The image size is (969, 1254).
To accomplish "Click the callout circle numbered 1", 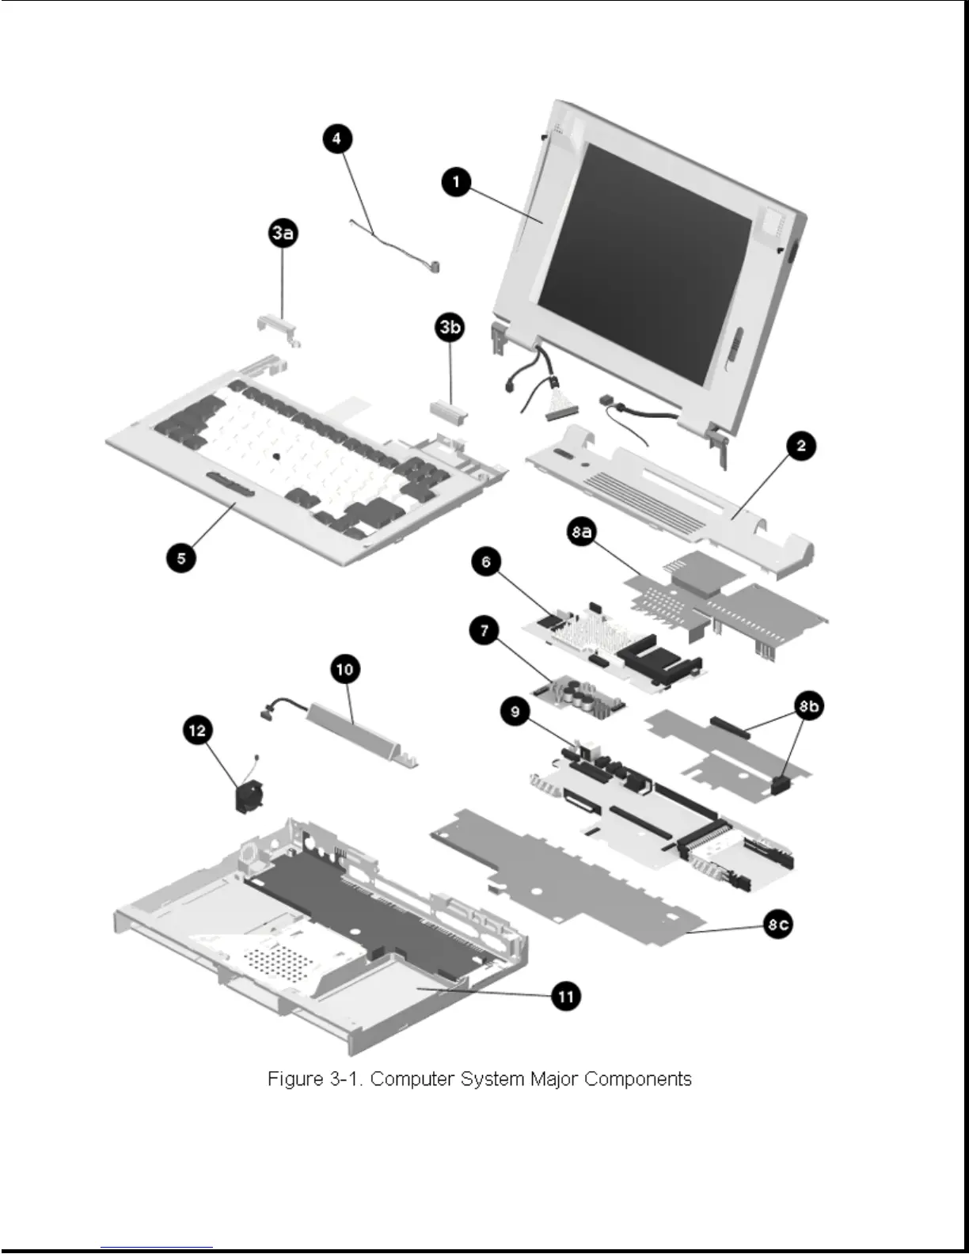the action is (x=455, y=183).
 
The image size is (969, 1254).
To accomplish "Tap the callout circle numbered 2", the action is (x=800, y=446).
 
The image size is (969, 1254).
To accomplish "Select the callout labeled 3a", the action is (x=283, y=233).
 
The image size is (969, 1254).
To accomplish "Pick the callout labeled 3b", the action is (x=450, y=326).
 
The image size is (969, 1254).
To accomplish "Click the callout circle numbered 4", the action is (x=336, y=139).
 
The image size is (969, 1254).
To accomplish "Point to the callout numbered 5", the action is (x=181, y=558).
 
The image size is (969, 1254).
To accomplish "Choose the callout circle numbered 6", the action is (x=486, y=562).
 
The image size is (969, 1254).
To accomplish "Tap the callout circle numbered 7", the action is (x=484, y=631).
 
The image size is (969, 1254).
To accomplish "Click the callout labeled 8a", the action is (x=582, y=531).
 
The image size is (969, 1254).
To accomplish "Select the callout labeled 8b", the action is (x=808, y=706).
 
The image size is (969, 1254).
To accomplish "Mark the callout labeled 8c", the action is (x=777, y=924).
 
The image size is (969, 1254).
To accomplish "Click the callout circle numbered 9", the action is (x=515, y=712).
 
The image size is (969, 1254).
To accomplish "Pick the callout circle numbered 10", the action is (x=344, y=670).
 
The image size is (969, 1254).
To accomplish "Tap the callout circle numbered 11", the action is (x=566, y=996).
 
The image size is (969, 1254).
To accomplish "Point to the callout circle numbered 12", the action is (x=197, y=729).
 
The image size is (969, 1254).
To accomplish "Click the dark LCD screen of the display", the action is (x=643, y=261).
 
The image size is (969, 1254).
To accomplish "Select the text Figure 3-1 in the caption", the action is (x=315, y=1079).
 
